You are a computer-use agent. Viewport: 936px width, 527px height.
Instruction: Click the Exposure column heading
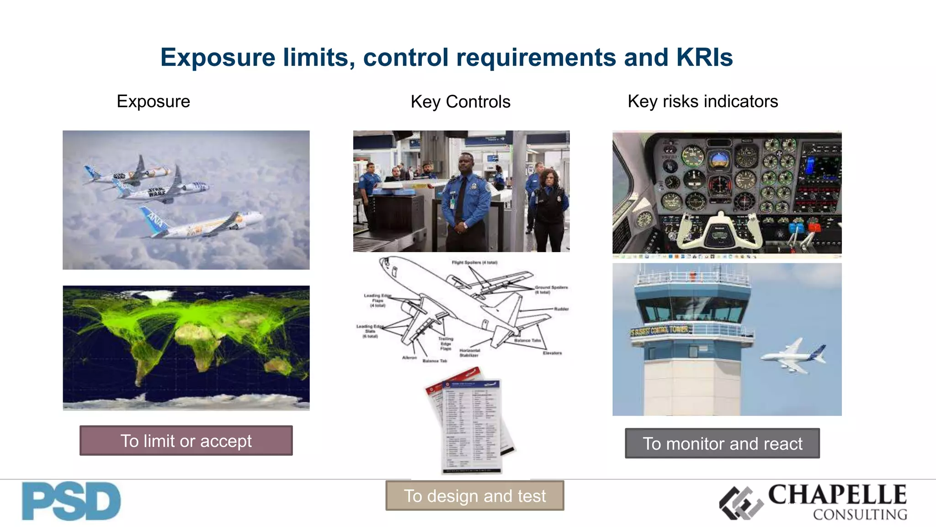(x=153, y=101)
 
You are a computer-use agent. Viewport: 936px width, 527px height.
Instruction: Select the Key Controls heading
(x=460, y=102)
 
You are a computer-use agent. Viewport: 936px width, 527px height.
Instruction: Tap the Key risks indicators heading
(x=702, y=101)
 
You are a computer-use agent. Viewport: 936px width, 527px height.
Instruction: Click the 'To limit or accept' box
(x=186, y=441)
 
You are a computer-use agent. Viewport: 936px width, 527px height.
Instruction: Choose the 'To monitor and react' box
(x=722, y=443)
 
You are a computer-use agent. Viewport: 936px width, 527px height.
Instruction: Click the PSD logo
(x=71, y=501)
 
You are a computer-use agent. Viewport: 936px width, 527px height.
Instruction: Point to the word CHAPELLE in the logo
(x=837, y=495)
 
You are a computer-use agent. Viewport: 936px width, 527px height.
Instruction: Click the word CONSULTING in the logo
(x=860, y=515)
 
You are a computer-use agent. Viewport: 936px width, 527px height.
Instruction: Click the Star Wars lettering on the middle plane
(x=157, y=193)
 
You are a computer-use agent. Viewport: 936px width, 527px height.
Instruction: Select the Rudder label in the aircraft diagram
(x=561, y=309)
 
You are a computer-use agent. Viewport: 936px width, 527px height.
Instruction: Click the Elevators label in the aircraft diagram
(x=552, y=353)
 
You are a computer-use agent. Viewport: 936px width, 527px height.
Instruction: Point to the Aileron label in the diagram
(x=409, y=358)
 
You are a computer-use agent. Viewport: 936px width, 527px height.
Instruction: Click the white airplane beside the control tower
(x=793, y=356)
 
